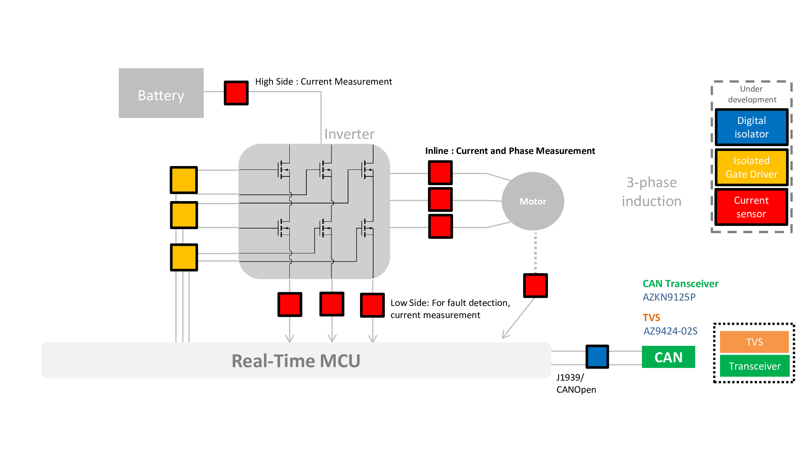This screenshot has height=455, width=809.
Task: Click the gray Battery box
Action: point(161,93)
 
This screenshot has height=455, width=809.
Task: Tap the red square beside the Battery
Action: point(236,93)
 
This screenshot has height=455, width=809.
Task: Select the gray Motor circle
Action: point(533,201)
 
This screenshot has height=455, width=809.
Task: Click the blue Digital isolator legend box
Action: point(751,127)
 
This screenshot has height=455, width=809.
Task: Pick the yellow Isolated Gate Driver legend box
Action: point(751,167)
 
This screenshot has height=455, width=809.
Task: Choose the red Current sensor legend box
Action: point(751,207)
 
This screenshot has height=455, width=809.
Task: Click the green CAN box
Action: point(668,357)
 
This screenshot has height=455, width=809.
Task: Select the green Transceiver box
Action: point(754,366)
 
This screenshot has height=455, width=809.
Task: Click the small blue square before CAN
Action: point(597,356)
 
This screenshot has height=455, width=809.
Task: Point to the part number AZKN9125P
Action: point(669,297)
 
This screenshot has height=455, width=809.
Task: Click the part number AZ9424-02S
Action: point(670,331)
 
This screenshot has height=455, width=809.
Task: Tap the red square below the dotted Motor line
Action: point(535,285)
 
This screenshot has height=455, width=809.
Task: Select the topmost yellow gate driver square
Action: point(184,180)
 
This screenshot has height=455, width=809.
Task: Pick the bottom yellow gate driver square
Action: point(184,257)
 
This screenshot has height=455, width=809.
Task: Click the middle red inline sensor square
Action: point(440,199)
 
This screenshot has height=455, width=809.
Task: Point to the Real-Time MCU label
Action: point(296,361)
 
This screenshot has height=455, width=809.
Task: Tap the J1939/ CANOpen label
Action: point(576,383)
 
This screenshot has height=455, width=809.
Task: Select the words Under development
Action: point(752,94)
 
